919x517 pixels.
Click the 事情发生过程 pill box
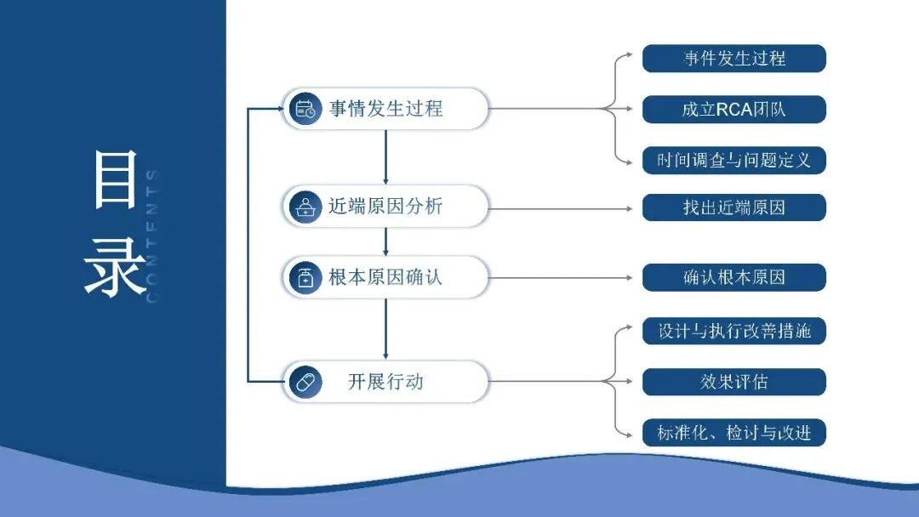pos(385,109)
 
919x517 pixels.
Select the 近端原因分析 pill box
pos(385,206)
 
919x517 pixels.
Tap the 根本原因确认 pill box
pos(385,277)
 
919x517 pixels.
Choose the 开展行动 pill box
pos(385,382)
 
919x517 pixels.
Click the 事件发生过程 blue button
pos(733,59)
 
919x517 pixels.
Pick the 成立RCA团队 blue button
pos(733,109)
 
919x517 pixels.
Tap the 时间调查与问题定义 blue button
pos(733,160)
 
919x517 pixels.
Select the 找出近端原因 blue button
pos(733,207)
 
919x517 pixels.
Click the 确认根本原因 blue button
pos(733,277)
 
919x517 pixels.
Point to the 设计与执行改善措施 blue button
pos(733,331)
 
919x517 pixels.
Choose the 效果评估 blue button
pos(733,382)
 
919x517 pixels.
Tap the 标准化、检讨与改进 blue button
pos(733,433)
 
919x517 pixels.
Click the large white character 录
pos(115,266)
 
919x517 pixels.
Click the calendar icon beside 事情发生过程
pos(305,109)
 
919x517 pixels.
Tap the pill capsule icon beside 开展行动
pos(305,382)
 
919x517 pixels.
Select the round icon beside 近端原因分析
pos(305,207)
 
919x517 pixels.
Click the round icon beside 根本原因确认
pos(305,277)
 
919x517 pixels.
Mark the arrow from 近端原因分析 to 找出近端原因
pos(562,207)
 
